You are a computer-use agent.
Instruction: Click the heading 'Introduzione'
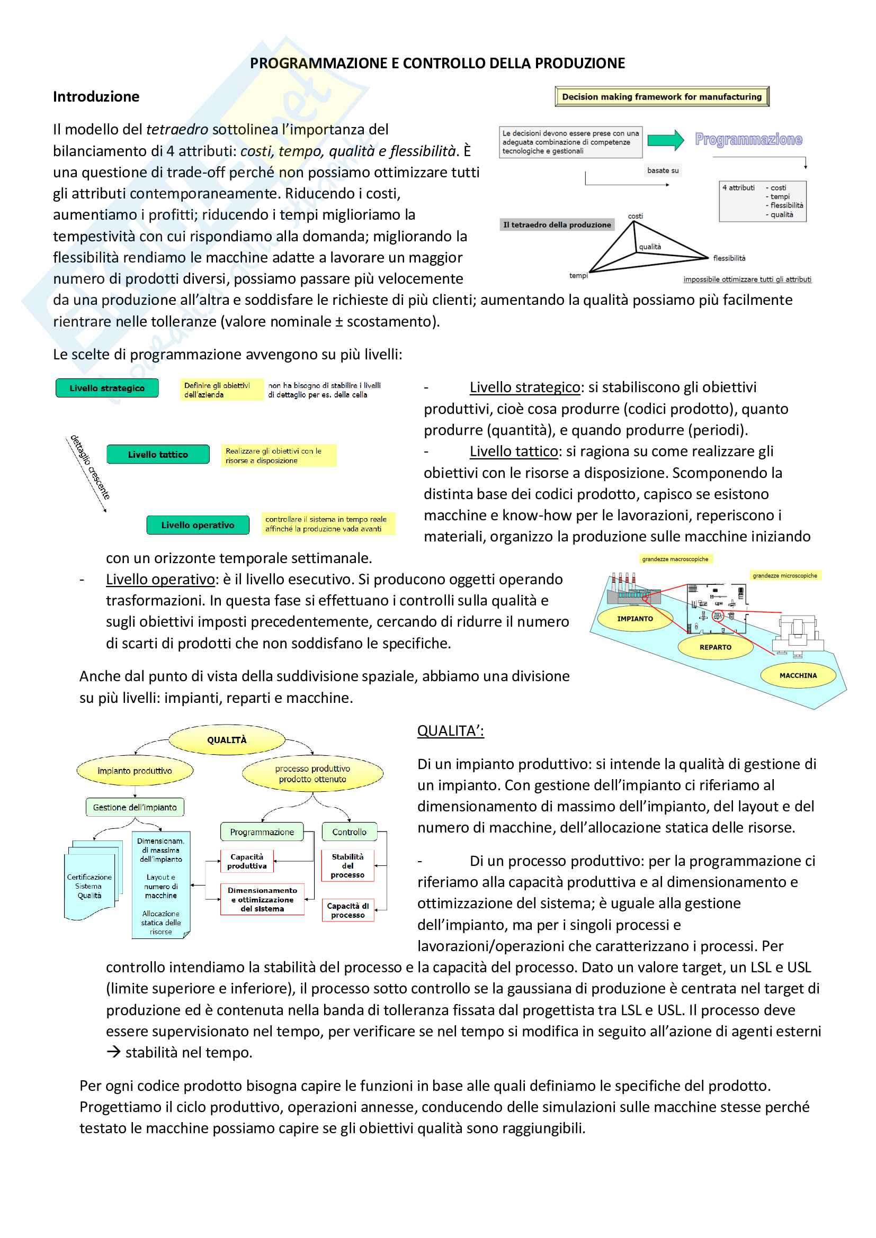point(96,96)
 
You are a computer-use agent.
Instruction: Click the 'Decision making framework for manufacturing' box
point(662,97)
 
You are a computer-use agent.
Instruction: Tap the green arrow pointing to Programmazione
point(666,140)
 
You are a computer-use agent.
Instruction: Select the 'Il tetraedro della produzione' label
point(557,225)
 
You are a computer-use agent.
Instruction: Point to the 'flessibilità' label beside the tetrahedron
point(729,258)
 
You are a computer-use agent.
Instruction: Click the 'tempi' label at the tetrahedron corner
point(578,276)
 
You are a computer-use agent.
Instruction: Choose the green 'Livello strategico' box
point(107,388)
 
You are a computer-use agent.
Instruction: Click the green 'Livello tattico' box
point(157,455)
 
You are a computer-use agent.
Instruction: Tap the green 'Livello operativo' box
point(198,525)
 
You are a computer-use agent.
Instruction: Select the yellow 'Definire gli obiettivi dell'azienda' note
point(221,390)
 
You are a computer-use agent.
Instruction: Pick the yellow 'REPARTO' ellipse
point(715,647)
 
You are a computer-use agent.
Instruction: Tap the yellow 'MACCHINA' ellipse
point(798,675)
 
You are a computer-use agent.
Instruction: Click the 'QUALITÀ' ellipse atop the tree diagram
point(227,740)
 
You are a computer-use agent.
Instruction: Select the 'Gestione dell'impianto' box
point(135,807)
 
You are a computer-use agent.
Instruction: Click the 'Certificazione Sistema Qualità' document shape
point(90,886)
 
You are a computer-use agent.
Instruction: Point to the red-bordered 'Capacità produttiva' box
point(247,861)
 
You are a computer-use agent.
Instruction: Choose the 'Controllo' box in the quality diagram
point(349,832)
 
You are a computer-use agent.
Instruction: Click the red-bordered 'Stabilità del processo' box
point(347,865)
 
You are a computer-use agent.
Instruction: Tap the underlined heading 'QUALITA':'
point(450,730)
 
